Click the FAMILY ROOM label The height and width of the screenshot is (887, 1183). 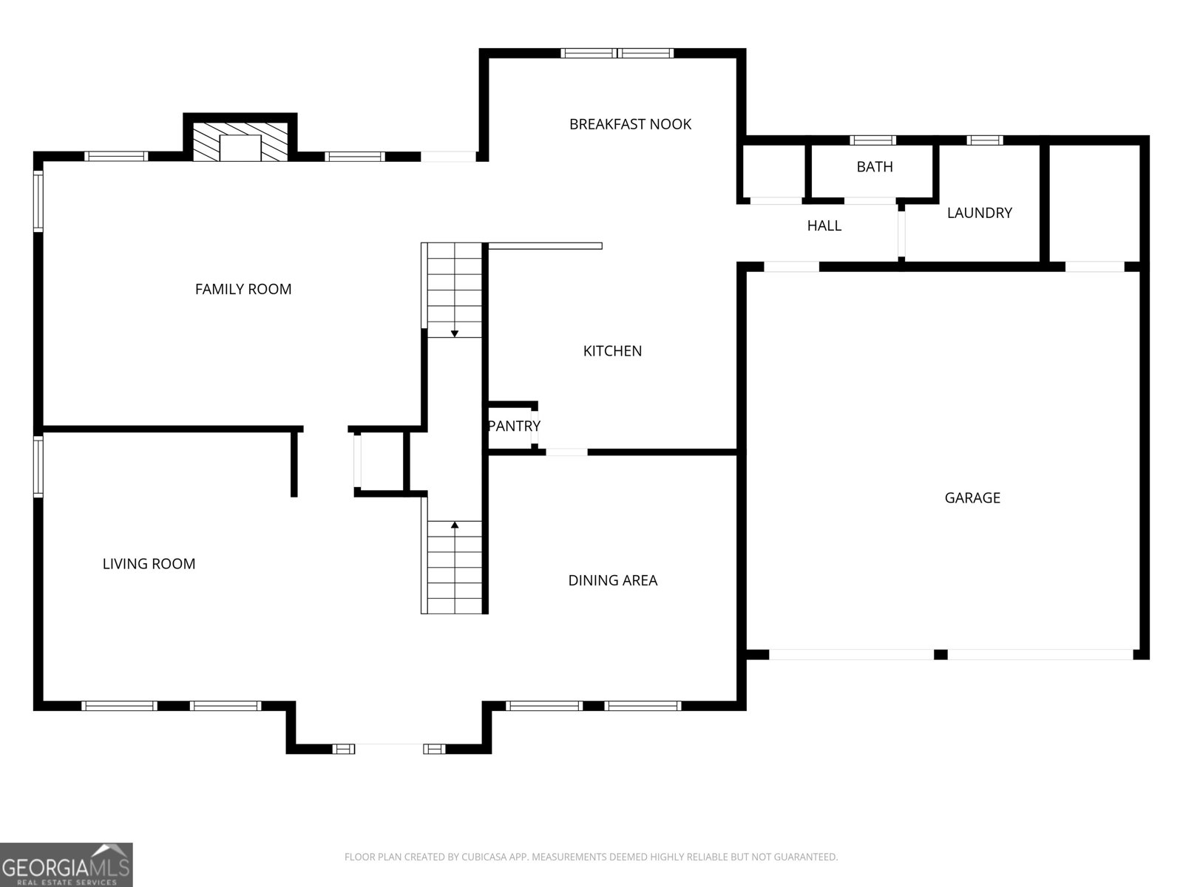pyautogui.click(x=243, y=289)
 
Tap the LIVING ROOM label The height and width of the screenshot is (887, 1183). pyautogui.click(x=149, y=564)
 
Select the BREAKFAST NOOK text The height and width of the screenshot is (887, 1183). pyautogui.click(x=630, y=124)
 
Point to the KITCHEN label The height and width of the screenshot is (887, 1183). pyautogui.click(x=612, y=351)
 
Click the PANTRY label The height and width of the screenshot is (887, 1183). pyautogui.click(x=514, y=426)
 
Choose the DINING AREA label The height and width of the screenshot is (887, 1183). pyautogui.click(x=612, y=580)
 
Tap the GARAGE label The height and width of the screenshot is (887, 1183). pyautogui.click(x=972, y=498)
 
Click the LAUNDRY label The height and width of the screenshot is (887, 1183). pyautogui.click(x=979, y=213)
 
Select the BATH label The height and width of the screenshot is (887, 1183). pyautogui.click(x=875, y=167)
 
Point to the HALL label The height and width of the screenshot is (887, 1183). pyautogui.click(x=824, y=226)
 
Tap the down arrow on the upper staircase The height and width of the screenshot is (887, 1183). pyautogui.click(x=455, y=333)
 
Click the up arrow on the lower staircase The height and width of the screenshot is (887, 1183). pyautogui.click(x=455, y=526)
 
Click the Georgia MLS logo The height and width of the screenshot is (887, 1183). pyautogui.click(x=67, y=865)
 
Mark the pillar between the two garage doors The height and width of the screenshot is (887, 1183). pyautogui.click(x=940, y=654)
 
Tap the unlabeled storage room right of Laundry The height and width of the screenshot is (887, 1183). pyautogui.click(x=1094, y=203)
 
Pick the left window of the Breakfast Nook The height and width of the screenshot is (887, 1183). pyautogui.click(x=588, y=53)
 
